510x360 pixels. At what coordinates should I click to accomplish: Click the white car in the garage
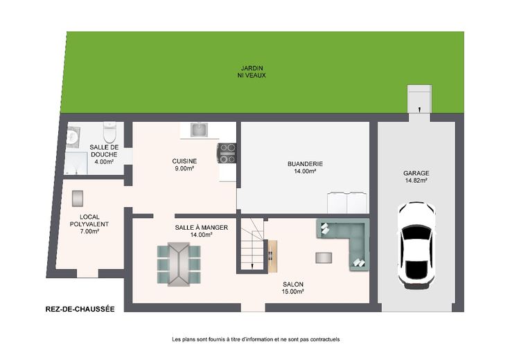416,246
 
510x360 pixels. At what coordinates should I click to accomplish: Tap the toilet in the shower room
109,132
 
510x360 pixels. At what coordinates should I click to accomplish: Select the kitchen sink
199,129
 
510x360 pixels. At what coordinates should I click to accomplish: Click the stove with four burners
227,153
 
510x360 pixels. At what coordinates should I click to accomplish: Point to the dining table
179,264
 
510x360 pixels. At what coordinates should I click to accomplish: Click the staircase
252,244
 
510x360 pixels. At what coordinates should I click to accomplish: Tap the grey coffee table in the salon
324,258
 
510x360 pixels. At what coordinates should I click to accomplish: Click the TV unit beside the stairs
272,256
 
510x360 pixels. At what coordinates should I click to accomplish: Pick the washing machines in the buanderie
347,203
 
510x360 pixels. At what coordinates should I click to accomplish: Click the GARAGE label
416,173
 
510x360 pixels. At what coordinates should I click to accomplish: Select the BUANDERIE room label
305,164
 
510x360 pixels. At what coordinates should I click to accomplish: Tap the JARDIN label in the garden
252,69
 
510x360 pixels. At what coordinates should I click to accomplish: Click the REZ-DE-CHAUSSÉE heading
80,309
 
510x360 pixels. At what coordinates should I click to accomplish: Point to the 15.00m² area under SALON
292,291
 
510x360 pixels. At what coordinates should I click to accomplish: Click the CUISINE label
184,161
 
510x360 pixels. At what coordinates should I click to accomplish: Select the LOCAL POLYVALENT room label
89,221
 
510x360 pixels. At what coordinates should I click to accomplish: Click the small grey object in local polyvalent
78,199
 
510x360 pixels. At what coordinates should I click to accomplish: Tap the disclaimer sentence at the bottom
256,339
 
